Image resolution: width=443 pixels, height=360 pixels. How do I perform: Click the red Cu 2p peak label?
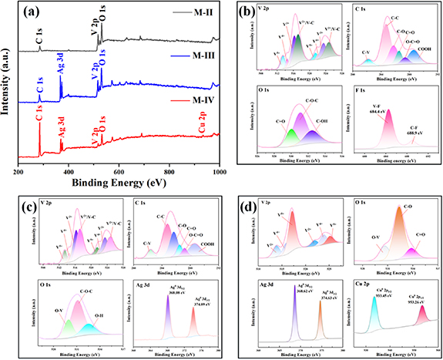pyautogui.click(x=202, y=123)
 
